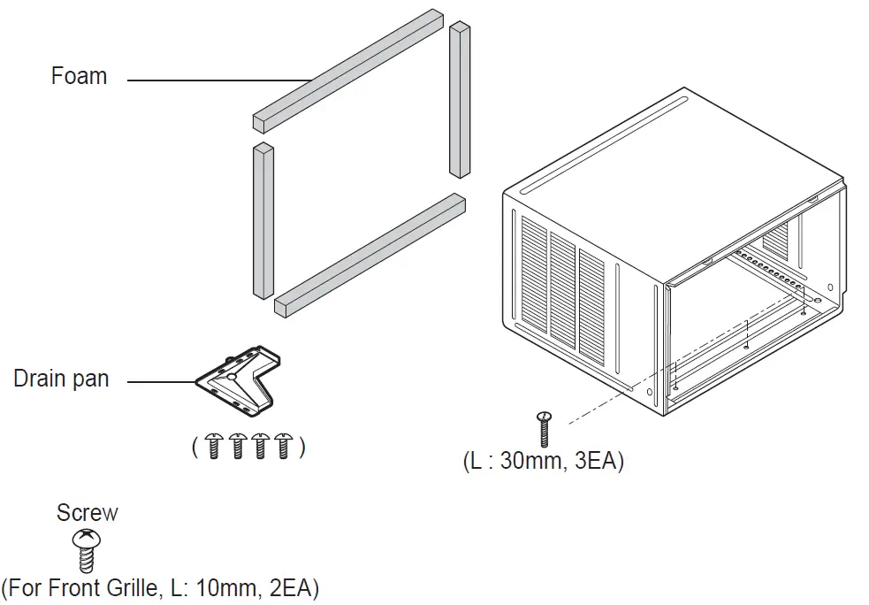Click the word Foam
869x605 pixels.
tap(79, 77)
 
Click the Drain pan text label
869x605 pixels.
tap(61, 379)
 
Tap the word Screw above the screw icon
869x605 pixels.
tap(87, 513)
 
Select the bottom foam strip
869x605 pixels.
tap(370, 255)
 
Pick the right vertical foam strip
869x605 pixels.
tap(460, 99)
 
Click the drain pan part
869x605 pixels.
tap(239, 380)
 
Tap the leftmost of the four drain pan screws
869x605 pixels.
tap(212, 447)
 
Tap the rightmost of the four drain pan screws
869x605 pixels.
tap(284, 447)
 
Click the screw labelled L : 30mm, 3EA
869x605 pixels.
tap(545, 429)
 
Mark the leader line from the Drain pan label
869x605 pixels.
tap(161, 382)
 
